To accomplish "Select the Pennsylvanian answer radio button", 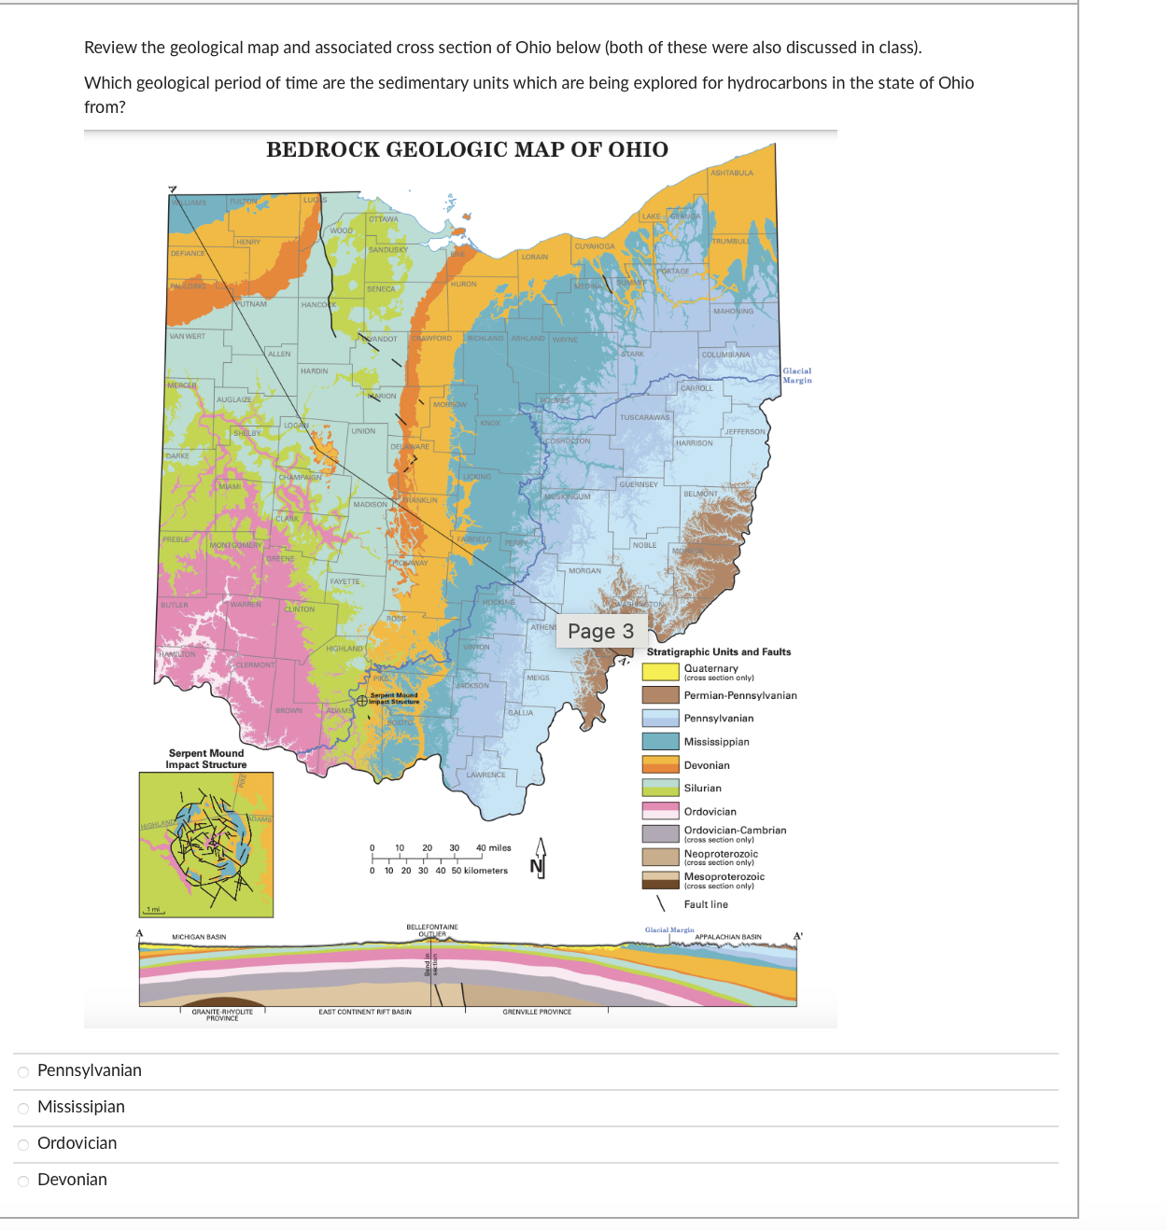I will tap(23, 1071).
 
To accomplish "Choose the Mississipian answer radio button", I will tap(23, 1108).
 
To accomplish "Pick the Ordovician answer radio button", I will tap(23, 1144).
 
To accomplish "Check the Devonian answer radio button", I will tap(23, 1181).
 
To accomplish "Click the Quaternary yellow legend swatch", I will tap(660, 671).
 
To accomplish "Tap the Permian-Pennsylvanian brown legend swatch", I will tap(660, 695).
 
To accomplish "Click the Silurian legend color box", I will tap(660, 788).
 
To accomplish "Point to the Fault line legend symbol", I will tap(661, 903).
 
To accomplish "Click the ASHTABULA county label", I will tap(732, 173).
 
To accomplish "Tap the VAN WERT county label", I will tap(188, 336).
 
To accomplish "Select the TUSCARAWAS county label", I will tap(644, 417).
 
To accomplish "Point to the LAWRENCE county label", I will tap(486, 775).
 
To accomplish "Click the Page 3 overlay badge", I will tap(600, 632).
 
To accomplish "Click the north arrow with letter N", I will tap(539, 858).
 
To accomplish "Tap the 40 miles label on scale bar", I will tap(494, 848).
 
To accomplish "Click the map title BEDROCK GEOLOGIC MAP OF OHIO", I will tap(467, 149).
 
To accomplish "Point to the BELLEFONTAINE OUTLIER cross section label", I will tap(432, 929).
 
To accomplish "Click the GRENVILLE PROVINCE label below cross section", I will tap(537, 1012).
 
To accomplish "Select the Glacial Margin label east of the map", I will tap(796, 375).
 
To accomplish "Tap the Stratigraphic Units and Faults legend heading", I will tap(719, 651).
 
